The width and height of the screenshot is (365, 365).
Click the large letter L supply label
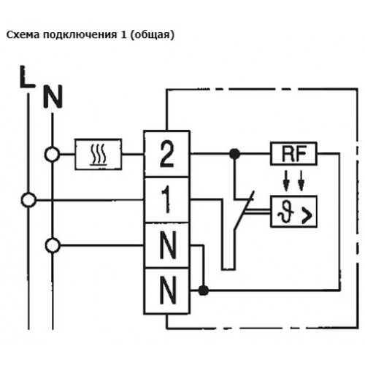[x=27, y=77]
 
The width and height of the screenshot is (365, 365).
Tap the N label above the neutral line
[x=53, y=96]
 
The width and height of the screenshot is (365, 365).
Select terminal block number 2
[x=167, y=153]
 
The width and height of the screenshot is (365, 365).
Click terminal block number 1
[x=167, y=200]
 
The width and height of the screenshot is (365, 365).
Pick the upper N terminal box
[x=167, y=245]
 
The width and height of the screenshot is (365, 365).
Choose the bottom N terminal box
[x=167, y=291]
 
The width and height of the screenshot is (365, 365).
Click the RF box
[x=293, y=153]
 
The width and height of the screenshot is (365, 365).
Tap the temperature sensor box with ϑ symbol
[x=293, y=211]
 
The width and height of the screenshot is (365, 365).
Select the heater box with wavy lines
[x=99, y=154]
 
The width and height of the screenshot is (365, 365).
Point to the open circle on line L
[x=28, y=200]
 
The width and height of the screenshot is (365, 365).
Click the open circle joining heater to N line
[x=52, y=154]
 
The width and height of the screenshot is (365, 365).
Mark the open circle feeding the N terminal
[x=53, y=245]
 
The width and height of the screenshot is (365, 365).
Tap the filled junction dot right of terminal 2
[x=235, y=153]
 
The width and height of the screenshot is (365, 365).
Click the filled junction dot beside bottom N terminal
[x=204, y=291]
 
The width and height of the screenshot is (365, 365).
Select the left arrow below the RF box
[x=286, y=180]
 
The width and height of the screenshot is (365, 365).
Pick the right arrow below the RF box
[x=301, y=180]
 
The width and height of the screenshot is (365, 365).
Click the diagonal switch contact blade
[x=244, y=210]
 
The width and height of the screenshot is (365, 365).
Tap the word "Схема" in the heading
[x=23, y=35]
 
